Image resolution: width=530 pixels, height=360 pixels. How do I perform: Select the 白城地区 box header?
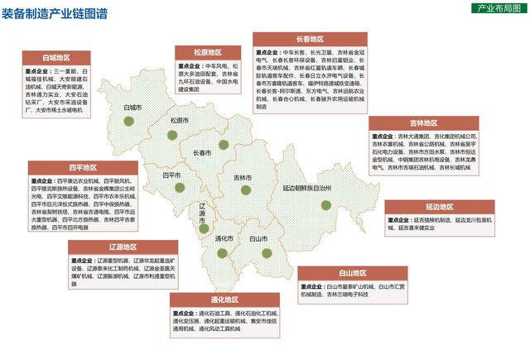pyautogui.click(x=57, y=58)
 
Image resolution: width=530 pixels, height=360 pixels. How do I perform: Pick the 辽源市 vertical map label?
pyautogui.click(x=203, y=213)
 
